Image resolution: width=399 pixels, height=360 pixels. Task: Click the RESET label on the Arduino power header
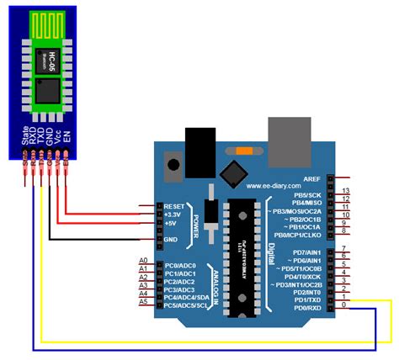point(175,205)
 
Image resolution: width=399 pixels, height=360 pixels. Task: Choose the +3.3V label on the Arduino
point(174,214)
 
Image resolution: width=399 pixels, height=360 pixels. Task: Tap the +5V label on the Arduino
point(172,224)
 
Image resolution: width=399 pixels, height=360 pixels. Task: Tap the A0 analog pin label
point(142,261)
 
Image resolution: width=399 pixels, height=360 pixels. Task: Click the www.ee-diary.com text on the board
point(274,186)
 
